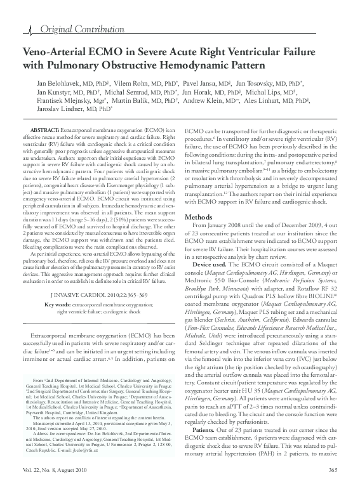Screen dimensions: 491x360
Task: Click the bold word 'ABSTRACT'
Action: (45, 129)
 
